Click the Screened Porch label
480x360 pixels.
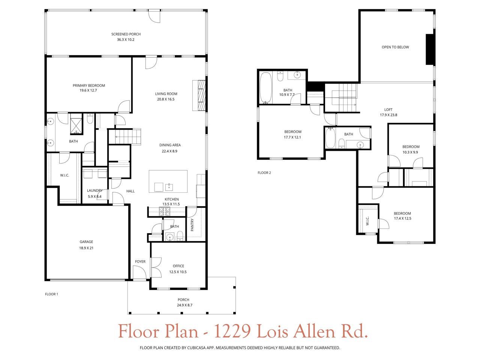pos(126,34)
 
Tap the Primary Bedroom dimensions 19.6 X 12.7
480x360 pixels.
pos(88,90)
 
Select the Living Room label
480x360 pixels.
pos(166,94)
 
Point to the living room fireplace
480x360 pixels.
pos(199,95)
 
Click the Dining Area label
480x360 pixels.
pos(170,145)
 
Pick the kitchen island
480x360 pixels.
pos(168,181)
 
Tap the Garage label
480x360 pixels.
pos(86,242)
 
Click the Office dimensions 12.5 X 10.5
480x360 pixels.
pos(178,272)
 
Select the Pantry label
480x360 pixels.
pos(192,225)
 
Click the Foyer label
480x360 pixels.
pos(140,262)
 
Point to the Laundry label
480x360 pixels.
pos(95,190)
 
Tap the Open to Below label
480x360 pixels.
pos(395,47)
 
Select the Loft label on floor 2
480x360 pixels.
pos(388,110)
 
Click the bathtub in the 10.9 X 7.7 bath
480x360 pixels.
pos(266,87)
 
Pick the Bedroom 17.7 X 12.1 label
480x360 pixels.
pos(292,132)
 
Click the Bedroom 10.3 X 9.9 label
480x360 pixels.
pos(411,147)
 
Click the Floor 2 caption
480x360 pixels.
pos(264,173)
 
